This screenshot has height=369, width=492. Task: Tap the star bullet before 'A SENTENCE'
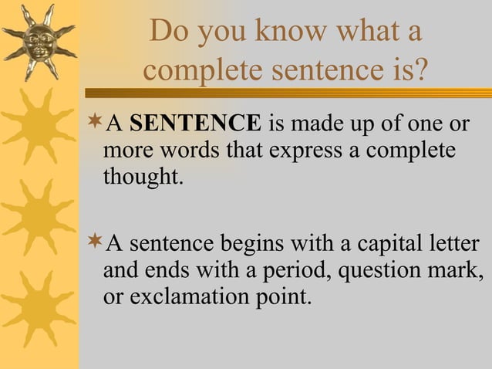coord(95,122)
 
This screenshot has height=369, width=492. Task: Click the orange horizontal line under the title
coord(308,93)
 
